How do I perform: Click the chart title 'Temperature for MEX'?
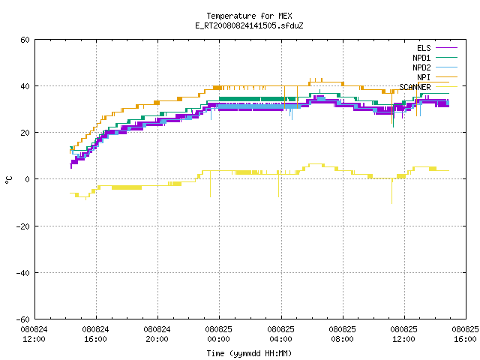(249, 16)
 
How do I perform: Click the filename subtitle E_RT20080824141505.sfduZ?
(249, 25)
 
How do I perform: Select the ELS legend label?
(424, 48)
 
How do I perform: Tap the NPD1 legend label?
(421, 58)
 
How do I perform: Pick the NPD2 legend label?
(421, 67)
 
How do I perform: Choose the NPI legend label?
(424, 77)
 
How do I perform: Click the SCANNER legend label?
(415, 87)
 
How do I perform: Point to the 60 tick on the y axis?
(25, 40)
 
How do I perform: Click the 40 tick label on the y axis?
(25, 86)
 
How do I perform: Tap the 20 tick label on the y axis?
(25, 133)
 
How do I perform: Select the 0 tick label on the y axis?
(27, 179)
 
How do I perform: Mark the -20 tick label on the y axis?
(23, 226)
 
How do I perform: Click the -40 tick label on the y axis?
(23, 273)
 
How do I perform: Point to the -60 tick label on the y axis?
(23, 319)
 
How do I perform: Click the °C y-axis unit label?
(9, 180)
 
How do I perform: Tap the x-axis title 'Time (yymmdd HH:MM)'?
(249, 353)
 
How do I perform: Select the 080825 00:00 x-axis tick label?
(218, 334)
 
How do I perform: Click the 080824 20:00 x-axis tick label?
(157, 334)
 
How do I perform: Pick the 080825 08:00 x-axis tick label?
(342, 334)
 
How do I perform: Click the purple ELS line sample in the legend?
(446, 48)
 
